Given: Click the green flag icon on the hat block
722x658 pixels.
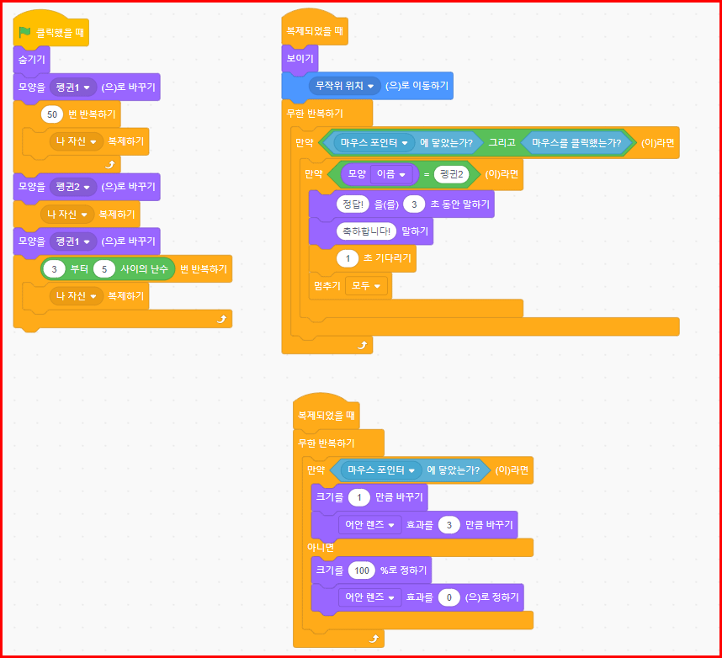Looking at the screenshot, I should click(25, 33).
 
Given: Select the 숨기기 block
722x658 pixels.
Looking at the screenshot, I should click(31, 60).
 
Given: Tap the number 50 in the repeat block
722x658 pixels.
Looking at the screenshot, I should click(53, 114).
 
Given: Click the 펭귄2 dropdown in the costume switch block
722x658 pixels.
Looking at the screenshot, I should click(72, 186).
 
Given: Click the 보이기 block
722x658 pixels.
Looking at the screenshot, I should click(300, 58).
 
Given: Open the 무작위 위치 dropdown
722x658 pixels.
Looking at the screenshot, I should click(344, 86).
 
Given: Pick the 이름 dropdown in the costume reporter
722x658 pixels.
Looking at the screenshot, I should click(390, 175).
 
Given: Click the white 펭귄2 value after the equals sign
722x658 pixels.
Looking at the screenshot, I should click(452, 175).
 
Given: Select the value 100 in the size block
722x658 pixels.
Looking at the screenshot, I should click(361, 570).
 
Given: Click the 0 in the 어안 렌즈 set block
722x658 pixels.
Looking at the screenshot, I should click(449, 598).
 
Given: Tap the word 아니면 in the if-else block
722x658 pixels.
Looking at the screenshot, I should click(319, 548).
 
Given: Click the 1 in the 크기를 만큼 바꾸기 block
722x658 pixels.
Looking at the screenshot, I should click(359, 497).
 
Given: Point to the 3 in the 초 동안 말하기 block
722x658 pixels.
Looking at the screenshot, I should click(413, 204).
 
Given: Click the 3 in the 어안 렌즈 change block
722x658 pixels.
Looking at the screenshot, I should click(450, 525).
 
